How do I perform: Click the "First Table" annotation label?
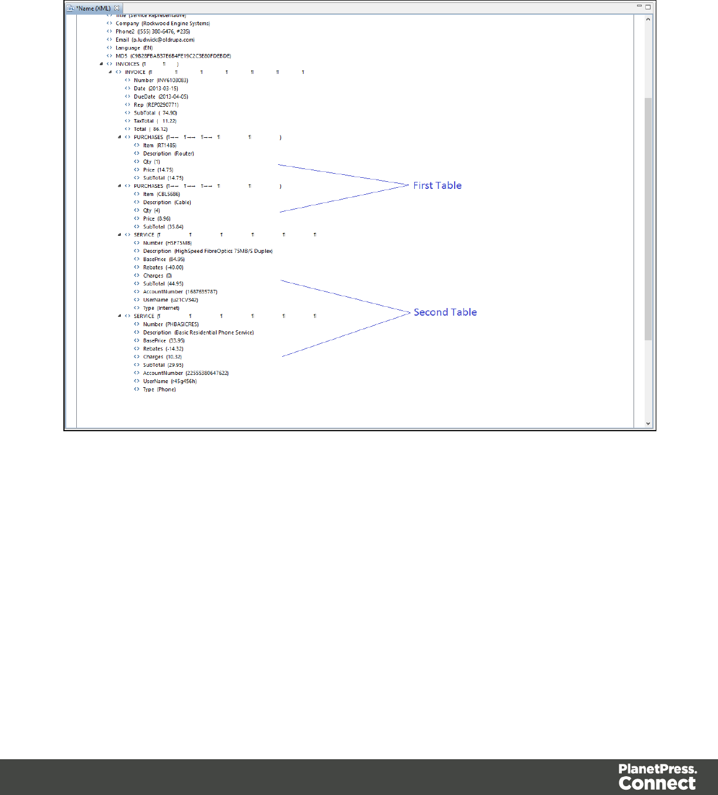(437, 185)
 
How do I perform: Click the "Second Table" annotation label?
(445, 312)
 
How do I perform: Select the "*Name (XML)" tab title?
(93, 8)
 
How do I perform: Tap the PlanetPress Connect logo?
(657, 777)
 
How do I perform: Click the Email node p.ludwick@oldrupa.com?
(155, 40)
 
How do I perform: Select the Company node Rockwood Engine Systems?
(162, 23)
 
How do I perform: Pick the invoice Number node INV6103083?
(161, 80)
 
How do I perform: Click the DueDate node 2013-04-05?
(161, 97)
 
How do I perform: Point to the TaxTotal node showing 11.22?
(155, 121)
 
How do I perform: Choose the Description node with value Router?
(168, 154)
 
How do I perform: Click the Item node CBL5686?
(161, 194)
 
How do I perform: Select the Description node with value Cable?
(167, 202)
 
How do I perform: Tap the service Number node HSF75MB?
(167, 243)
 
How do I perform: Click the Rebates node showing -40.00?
(163, 268)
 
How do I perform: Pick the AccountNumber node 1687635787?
(180, 292)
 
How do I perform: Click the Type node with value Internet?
(161, 308)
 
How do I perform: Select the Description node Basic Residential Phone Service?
(198, 333)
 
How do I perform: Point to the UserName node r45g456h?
(170, 381)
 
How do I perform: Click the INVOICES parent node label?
(127, 64)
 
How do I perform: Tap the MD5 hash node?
(173, 56)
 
